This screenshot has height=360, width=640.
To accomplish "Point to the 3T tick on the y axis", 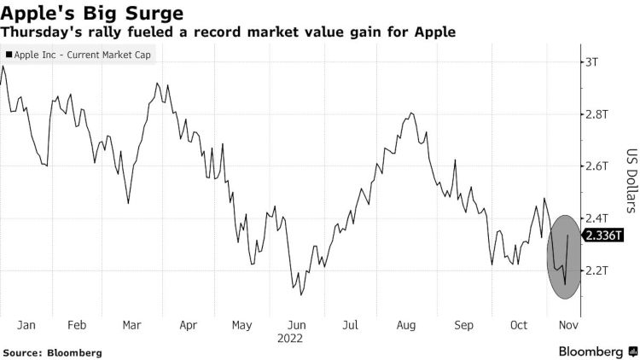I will pyautogui.click(x=591, y=61).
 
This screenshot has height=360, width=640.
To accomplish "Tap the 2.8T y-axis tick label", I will pyautogui.click(x=596, y=113).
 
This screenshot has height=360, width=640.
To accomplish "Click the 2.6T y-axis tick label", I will pyautogui.click(x=596, y=165).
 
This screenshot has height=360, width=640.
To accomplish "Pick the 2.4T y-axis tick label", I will pyautogui.click(x=596, y=218).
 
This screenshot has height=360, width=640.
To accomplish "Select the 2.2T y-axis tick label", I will pyautogui.click(x=596, y=270).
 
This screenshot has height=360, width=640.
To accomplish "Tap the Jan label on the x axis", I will pyautogui.click(x=26, y=324).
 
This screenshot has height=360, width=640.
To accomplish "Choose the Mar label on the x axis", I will pyautogui.click(x=132, y=324).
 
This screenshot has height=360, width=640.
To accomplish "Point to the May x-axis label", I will pyautogui.click(x=243, y=324).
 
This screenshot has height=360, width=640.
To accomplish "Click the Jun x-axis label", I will pyautogui.click(x=297, y=324).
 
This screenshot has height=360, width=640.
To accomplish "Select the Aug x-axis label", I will pyautogui.click(x=406, y=324).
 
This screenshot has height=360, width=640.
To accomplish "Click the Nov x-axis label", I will pyautogui.click(x=567, y=324).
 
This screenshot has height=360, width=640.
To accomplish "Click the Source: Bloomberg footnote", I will pyautogui.click(x=53, y=351).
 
